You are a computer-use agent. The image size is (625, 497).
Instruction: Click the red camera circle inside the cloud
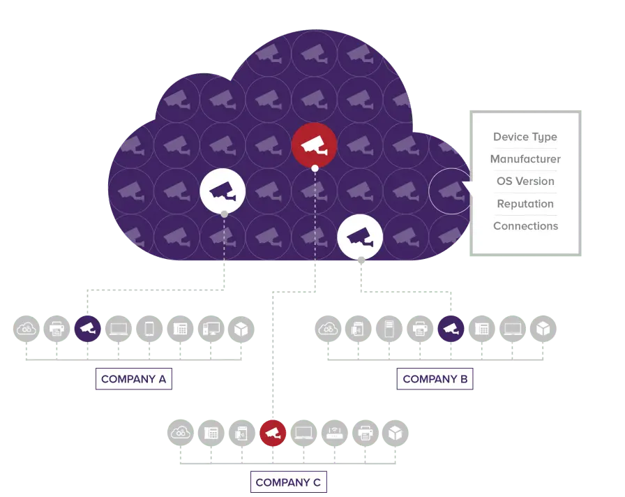[315, 145]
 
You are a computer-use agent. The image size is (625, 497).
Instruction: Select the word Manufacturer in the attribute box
[525, 159]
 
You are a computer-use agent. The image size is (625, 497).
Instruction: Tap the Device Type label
[525, 138]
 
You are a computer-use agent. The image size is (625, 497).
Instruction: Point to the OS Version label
[525, 181]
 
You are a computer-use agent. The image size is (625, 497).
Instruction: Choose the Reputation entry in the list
[525, 204]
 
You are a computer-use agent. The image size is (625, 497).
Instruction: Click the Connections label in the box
[525, 226]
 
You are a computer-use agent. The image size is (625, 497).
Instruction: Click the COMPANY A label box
[133, 379]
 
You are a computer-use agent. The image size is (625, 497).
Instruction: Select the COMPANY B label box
[435, 379]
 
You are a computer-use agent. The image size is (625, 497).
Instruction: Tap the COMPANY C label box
[289, 482]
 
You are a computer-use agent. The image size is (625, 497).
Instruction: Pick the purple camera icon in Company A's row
[88, 329]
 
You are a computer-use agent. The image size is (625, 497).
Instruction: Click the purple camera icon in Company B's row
[451, 329]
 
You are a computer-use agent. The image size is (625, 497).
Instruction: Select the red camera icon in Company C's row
[273, 433]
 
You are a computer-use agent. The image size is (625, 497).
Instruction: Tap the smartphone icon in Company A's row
[149, 329]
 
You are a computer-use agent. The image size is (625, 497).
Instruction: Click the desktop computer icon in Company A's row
[211, 329]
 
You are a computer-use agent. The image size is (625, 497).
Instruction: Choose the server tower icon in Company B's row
[389, 329]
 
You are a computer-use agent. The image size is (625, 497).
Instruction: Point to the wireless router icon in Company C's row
[334, 433]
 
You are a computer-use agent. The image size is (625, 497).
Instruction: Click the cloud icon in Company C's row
[181, 433]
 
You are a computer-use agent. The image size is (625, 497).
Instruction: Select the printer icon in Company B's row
[420, 329]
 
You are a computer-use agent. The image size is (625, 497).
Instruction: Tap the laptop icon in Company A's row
[119, 329]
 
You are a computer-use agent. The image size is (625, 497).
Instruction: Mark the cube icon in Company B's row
[543, 329]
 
